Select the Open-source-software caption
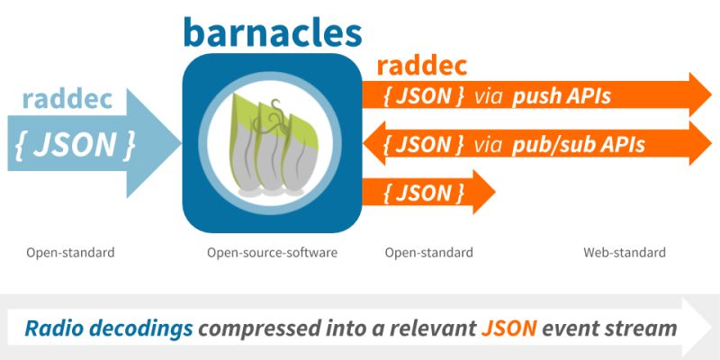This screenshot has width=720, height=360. (x=272, y=253)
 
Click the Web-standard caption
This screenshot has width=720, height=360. (x=625, y=253)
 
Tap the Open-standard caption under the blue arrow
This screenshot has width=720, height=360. (x=70, y=253)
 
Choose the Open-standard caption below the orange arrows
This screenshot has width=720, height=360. (x=429, y=253)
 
